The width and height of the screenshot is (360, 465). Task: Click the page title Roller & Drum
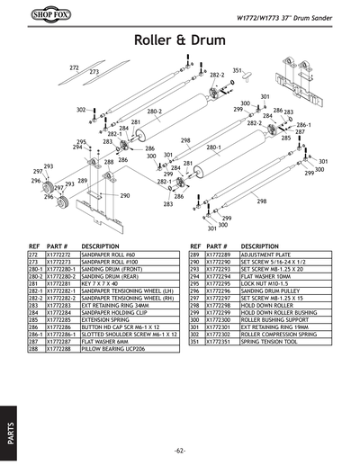tap(179, 40)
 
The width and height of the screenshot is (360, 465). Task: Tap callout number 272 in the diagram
tap(74, 67)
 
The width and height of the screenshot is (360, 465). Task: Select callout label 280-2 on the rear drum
tap(154, 112)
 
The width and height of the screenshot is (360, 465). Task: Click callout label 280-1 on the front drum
tap(213, 147)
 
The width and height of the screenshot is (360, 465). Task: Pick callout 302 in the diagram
tap(81, 109)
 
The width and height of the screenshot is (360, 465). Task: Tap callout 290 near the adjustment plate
tap(125, 195)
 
